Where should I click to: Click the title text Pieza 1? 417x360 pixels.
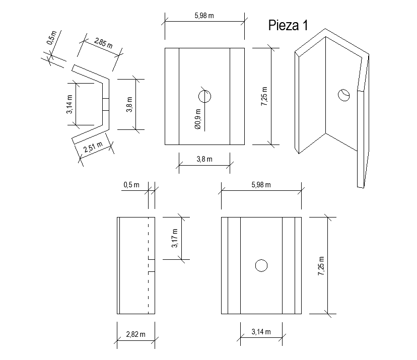coord(288,25)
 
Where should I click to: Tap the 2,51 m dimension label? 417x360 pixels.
coord(92,148)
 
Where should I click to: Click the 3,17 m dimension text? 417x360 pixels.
coord(174,238)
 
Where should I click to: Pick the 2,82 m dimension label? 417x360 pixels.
coord(135,334)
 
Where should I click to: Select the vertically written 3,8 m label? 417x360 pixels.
coord(129,104)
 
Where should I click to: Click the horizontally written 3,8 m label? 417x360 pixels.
coord(204,159)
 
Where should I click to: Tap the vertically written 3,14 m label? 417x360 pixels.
coord(69,104)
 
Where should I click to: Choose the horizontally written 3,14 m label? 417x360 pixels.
coord(261,331)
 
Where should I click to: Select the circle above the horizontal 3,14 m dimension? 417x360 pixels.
coord(261,265)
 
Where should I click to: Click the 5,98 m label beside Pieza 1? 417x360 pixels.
coord(204,16)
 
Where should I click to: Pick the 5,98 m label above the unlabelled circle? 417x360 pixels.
coord(261,185)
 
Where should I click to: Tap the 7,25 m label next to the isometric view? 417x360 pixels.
coord(264,95)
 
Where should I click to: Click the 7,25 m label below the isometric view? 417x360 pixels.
coord(321,265)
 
